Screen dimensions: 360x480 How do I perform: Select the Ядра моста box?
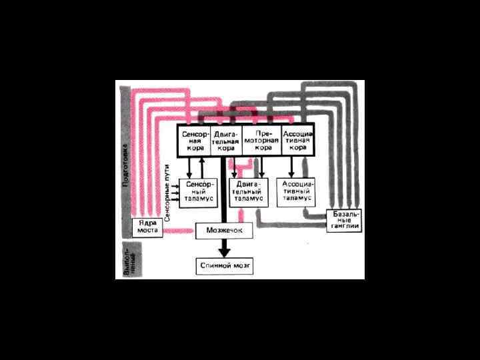click(147, 227)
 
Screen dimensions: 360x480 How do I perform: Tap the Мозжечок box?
click(224, 231)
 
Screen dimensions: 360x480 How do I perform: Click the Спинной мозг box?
click(225, 266)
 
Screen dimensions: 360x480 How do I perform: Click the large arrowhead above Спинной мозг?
click(225, 251)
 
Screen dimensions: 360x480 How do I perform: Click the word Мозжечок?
click(224, 231)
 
